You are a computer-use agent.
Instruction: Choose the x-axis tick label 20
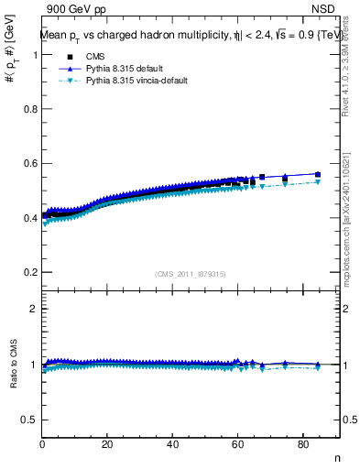(107, 445)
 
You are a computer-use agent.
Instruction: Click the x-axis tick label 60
(237, 445)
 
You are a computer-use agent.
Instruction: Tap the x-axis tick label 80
(302, 445)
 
